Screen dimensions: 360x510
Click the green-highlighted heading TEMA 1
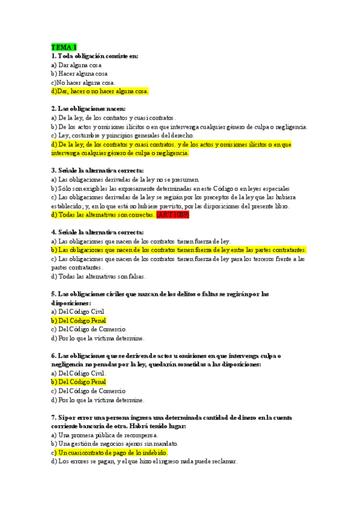point(64,47)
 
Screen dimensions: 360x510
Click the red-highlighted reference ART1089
point(172,215)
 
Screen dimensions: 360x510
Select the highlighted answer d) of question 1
point(100,91)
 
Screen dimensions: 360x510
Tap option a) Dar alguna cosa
point(76,64)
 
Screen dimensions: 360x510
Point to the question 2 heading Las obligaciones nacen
point(89,109)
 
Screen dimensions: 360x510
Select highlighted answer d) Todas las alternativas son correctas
point(103,215)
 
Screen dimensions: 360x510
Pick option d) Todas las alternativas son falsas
point(99,277)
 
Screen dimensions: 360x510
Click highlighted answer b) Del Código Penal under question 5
point(79,321)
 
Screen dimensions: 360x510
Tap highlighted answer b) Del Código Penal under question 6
point(79,382)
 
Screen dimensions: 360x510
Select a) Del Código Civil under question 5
point(78,312)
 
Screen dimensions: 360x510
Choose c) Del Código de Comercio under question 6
point(88,391)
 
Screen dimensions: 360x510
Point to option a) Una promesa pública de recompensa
point(105,435)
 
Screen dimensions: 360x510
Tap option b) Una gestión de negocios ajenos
point(115,444)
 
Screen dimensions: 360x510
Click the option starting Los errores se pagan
point(144,461)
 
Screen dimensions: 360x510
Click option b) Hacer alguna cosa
point(79,73)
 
